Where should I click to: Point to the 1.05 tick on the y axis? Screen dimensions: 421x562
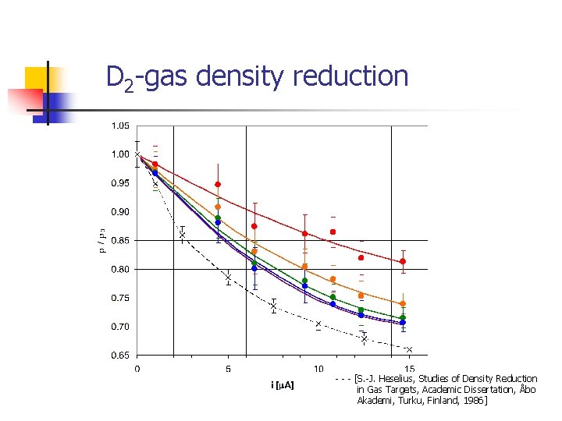(x=120, y=126)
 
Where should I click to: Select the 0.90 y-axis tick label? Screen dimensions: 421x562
(x=120, y=212)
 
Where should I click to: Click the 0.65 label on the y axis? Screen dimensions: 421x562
(x=120, y=356)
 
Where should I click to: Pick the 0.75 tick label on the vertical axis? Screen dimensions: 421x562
(x=120, y=299)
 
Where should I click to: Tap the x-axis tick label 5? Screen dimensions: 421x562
(x=228, y=369)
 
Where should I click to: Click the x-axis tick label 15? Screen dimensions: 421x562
(x=409, y=369)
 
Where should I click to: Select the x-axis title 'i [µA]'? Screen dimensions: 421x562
(x=282, y=385)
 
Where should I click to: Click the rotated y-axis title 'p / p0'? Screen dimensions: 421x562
(x=101, y=240)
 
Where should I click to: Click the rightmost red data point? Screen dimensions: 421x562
(x=403, y=261)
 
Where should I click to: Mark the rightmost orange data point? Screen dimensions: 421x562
(x=403, y=304)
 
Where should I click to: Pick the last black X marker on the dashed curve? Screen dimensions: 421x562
(x=409, y=350)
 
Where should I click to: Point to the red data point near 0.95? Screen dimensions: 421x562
(x=218, y=185)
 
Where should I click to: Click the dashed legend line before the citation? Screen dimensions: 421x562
(x=343, y=380)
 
